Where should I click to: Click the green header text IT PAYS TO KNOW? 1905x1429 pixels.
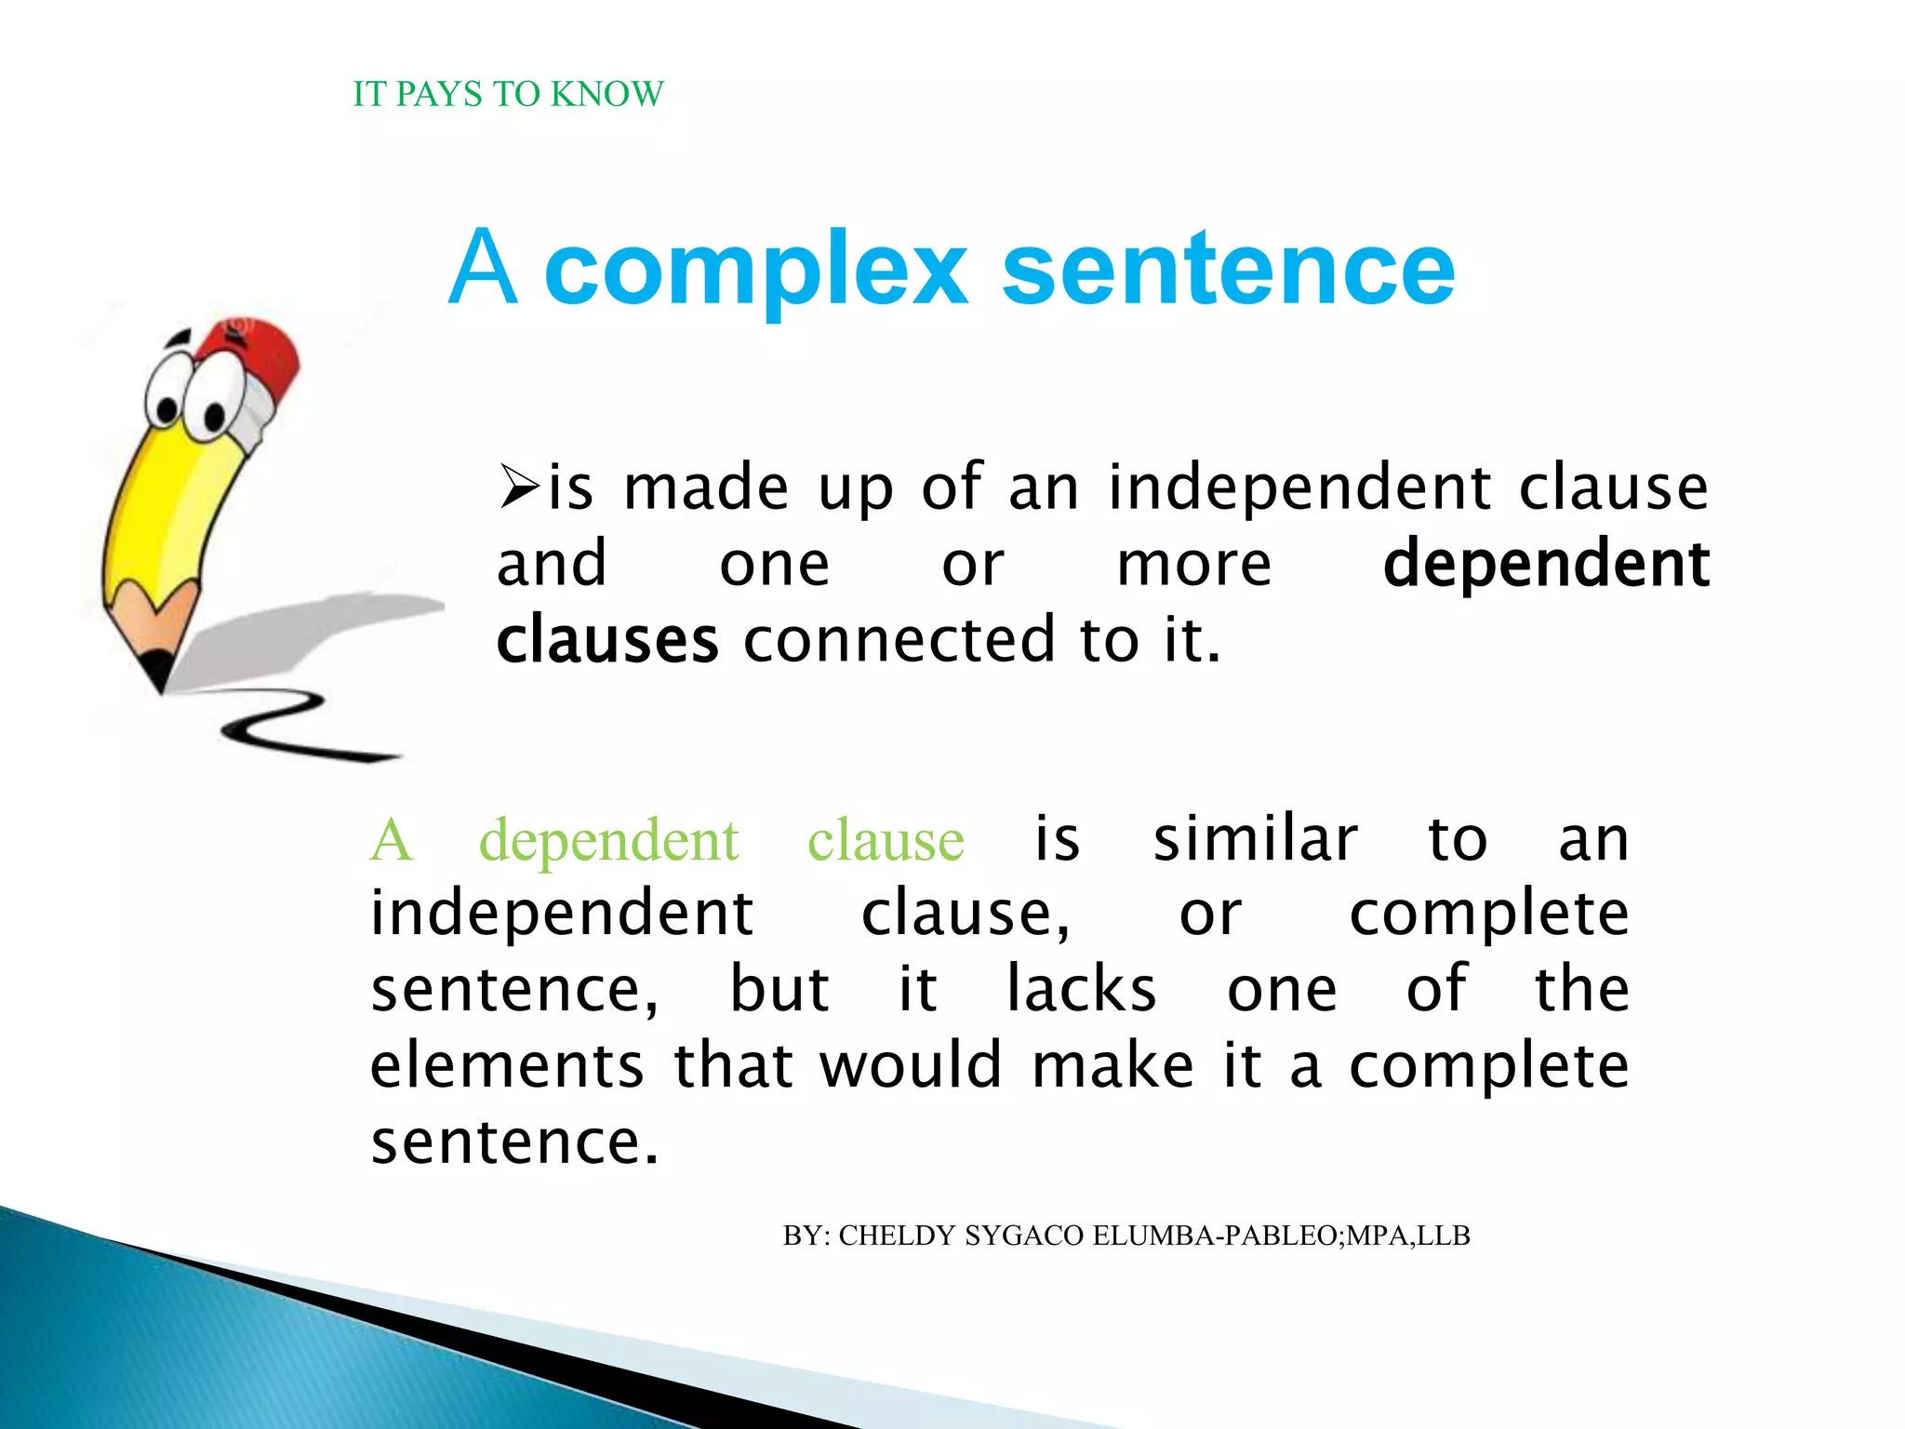pos(508,94)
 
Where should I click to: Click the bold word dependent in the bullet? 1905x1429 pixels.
pos(1546,564)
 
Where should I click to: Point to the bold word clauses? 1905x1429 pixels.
pos(607,640)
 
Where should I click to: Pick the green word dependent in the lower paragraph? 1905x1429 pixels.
pos(608,840)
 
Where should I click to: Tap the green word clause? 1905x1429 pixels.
pos(886,840)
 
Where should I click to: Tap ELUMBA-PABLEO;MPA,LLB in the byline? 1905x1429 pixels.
pos(1281,1235)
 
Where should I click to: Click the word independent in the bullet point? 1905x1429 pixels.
pos(1300,487)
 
